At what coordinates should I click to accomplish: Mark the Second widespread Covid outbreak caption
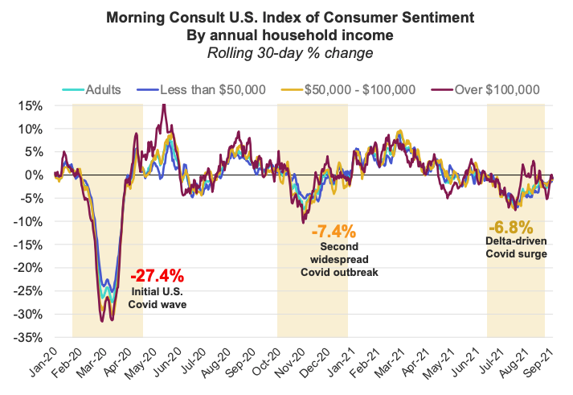pos(338,261)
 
